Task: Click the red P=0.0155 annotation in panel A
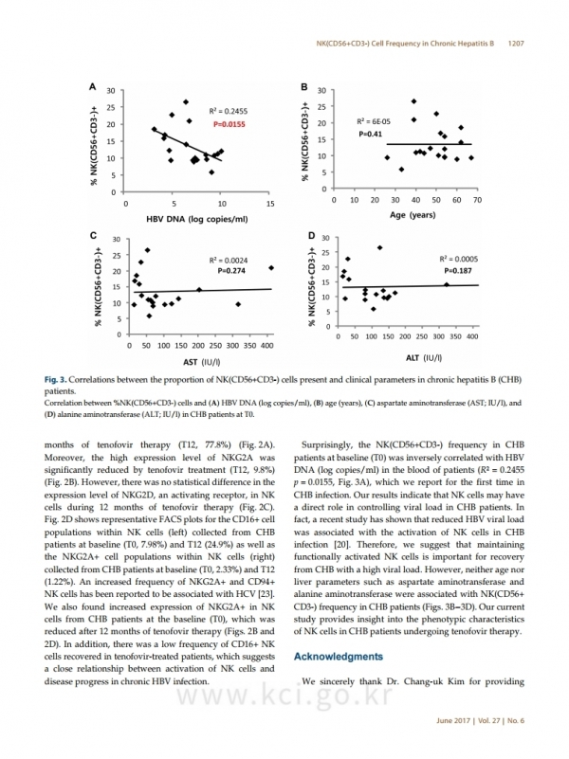click(229, 124)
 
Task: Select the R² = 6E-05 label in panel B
click(374, 122)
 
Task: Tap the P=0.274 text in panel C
click(231, 271)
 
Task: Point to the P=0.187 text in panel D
click(458, 271)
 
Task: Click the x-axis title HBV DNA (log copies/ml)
click(197, 219)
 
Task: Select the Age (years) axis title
click(413, 215)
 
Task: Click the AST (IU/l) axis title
click(201, 362)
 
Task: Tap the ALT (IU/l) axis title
click(424, 358)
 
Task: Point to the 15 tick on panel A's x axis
click(270, 204)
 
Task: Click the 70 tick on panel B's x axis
click(477, 200)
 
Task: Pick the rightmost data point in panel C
click(271, 267)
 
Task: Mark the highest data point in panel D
click(379, 248)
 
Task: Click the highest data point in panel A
click(186, 102)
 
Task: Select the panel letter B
click(304, 87)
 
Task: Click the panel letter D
click(311, 236)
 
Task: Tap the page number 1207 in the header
click(516, 44)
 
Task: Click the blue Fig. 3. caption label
click(55, 380)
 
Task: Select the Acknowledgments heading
click(339, 657)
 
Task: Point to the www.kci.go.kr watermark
click(284, 696)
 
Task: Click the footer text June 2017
click(453, 721)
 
